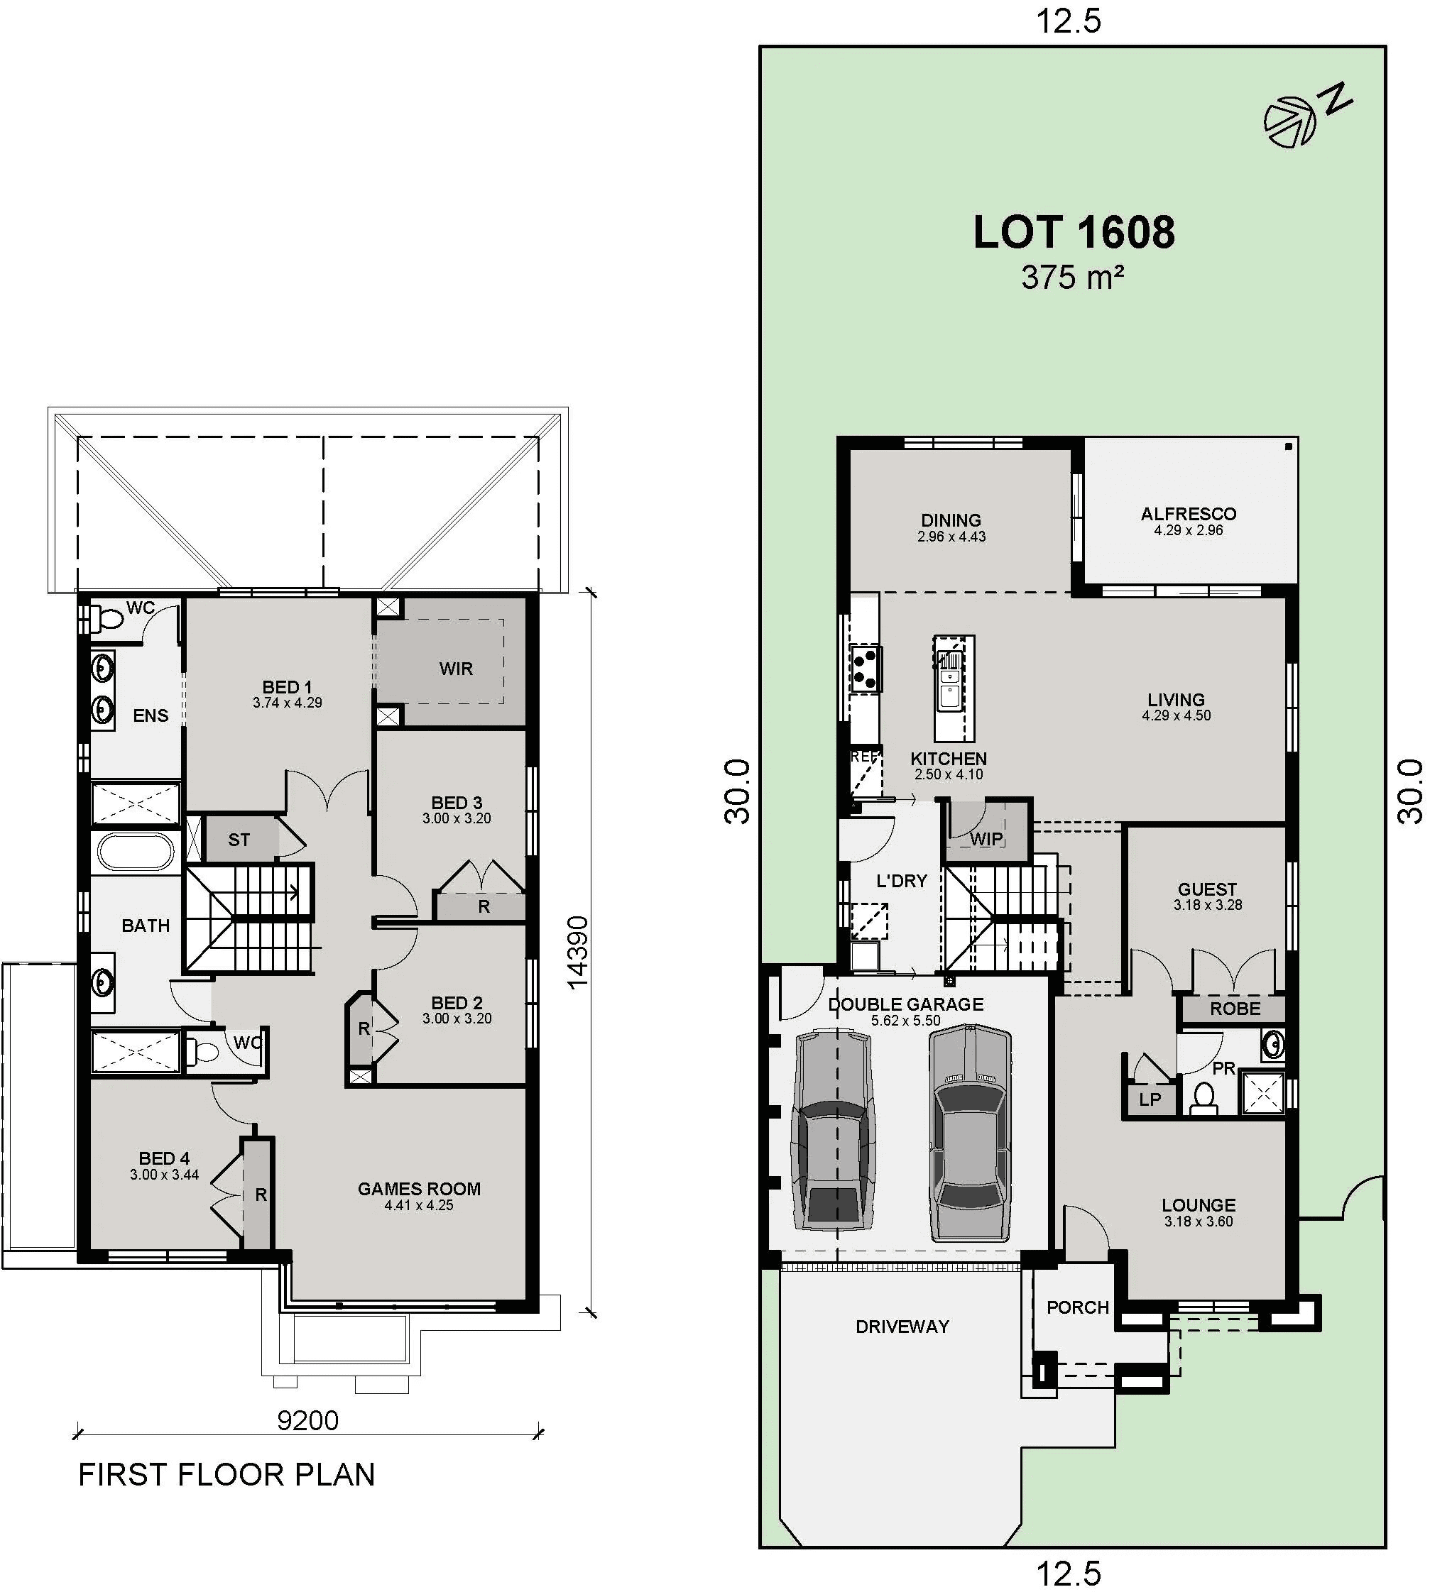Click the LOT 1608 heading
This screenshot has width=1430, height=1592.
pos(1074,233)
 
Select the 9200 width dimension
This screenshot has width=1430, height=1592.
pos(307,1420)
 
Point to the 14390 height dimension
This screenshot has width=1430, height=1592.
pos(577,952)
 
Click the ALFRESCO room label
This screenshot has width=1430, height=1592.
pos(1188,514)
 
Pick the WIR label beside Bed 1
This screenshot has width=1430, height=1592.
pos(456,669)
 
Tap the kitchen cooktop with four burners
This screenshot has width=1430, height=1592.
pos(866,668)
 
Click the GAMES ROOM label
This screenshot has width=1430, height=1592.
pos(419,1188)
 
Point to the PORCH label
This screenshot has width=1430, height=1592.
pos(1077,1307)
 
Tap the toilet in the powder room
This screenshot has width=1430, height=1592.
pos(1204,1097)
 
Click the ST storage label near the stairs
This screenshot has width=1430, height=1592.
pos(239,840)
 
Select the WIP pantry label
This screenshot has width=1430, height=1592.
pos(986,839)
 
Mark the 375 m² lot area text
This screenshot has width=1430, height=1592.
pos(1071,278)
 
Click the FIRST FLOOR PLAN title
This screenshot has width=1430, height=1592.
pos(226,1474)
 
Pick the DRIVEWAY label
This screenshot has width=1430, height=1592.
pos(902,1327)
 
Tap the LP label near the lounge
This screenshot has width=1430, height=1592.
pos(1150,1099)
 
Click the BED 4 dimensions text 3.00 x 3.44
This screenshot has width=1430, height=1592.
pos(164,1175)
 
